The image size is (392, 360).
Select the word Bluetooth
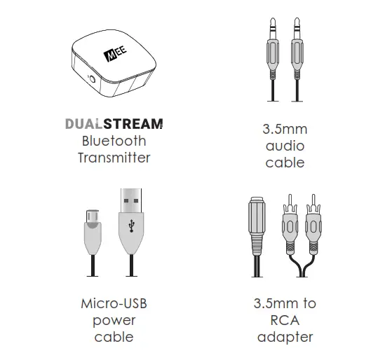pyautogui.click(x=114, y=141)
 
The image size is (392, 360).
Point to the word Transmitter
pyautogui.click(x=114, y=158)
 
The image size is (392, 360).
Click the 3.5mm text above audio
pyautogui.click(x=285, y=130)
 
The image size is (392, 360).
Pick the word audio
pyautogui.click(x=285, y=146)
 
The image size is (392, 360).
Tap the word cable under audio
pyautogui.click(x=285, y=162)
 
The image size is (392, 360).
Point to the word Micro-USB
pyautogui.click(x=114, y=304)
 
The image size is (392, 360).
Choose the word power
pyautogui.click(x=114, y=321)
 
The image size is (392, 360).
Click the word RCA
pyautogui.click(x=285, y=321)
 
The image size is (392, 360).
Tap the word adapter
pyautogui.click(x=285, y=338)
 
